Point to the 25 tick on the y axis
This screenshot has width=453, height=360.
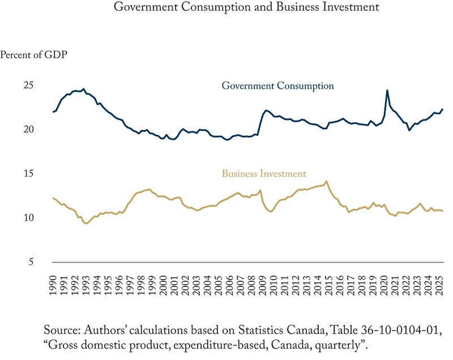(x=28, y=85)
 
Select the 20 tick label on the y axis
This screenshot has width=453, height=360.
(x=28, y=130)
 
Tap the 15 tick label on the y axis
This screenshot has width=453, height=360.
(x=28, y=174)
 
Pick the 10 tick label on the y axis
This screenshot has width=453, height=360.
(x=28, y=218)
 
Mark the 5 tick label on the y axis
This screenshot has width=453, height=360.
(x=31, y=262)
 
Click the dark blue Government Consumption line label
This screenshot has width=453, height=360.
(x=277, y=86)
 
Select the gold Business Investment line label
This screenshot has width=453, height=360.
(x=264, y=174)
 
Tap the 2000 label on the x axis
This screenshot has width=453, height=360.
(x=163, y=282)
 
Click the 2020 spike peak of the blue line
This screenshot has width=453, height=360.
(x=387, y=90)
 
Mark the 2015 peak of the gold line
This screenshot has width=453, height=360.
(x=326, y=181)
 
